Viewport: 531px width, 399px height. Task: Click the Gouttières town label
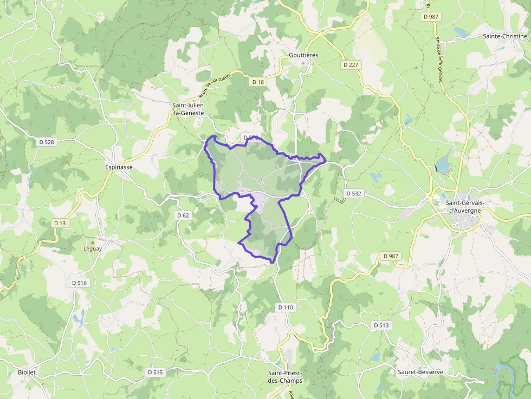click(x=303, y=55)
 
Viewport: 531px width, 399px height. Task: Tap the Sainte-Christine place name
click(x=505, y=36)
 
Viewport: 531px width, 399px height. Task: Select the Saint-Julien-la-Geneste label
click(x=188, y=109)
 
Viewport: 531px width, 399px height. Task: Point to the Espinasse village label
click(x=119, y=167)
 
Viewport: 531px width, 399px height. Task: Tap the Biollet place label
click(x=27, y=372)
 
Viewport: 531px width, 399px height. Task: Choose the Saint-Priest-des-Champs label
click(x=285, y=376)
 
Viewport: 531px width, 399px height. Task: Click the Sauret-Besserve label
click(x=420, y=372)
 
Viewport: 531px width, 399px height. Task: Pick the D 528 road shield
click(x=47, y=142)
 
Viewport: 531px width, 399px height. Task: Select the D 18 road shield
click(x=258, y=82)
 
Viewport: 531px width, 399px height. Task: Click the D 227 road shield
click(x=351, y=64)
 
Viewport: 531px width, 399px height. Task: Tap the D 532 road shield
click(x=353, y=193)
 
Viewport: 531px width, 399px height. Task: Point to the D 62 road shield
click(x=183, y=215)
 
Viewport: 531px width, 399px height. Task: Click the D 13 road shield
click(x=60, y=223)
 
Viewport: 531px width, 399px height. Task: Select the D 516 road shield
click(x=79, y=283)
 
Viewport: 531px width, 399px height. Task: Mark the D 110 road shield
click(x=286, y=308)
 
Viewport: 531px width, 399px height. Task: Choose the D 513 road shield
click(x=381, y=325)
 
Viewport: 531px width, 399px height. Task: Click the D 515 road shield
click(x=155, y=372)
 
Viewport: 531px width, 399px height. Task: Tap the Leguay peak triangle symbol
click(x=92, y=241)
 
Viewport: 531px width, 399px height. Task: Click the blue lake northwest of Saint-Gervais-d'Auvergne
click(x=443, y=165)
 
